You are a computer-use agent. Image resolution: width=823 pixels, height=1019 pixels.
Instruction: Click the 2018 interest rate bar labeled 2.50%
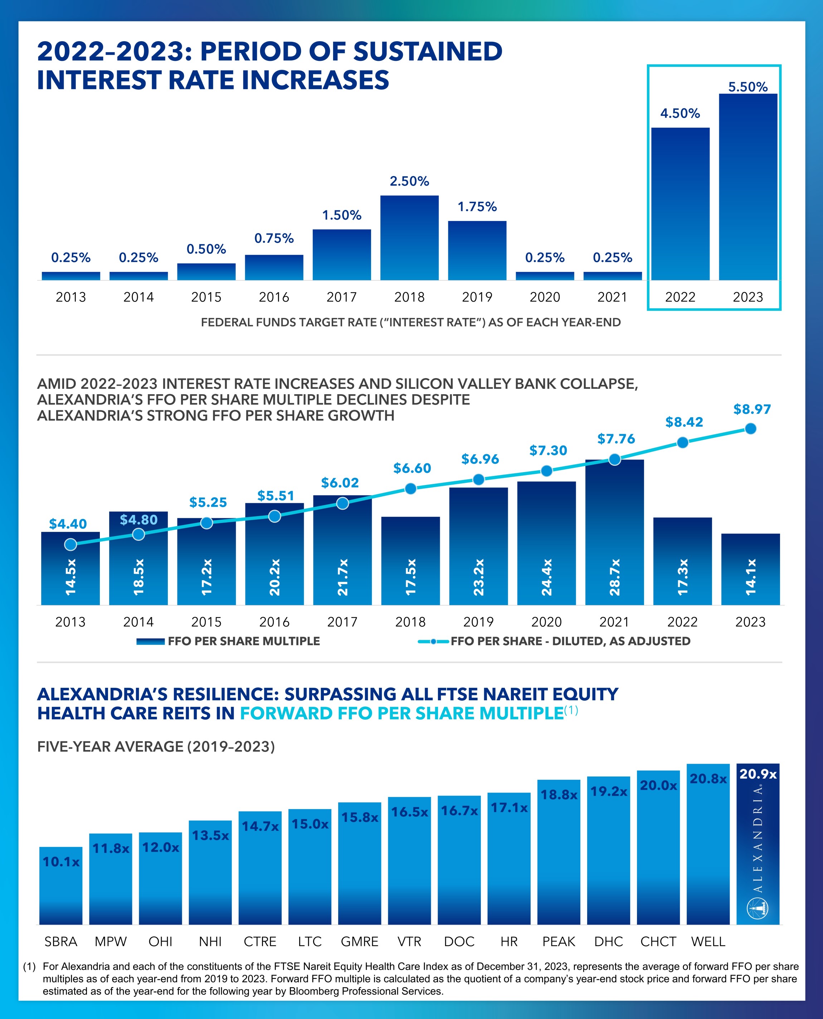pos(409,237)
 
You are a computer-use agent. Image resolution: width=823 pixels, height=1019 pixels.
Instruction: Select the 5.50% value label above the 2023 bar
pos(747,87)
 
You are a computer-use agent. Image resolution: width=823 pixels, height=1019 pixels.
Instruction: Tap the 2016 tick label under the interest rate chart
pos(274,297)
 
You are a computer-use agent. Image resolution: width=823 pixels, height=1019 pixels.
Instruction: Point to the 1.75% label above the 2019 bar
pos(477,207)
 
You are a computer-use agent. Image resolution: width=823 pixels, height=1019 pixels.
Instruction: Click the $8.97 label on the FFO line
pos(752,409)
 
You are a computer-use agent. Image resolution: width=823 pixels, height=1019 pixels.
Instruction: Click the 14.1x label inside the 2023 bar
pos(750,577)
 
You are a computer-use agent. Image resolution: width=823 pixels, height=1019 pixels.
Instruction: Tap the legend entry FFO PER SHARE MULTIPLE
pos(228,641)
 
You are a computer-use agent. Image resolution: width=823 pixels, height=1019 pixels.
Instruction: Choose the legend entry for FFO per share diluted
pos(554,641)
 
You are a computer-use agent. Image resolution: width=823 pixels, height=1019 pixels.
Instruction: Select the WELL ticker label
pos(708,942)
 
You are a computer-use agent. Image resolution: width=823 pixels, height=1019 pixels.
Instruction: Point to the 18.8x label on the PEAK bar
pos(559,795)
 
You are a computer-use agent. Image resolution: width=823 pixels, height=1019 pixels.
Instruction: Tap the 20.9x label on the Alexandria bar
pos(758,774)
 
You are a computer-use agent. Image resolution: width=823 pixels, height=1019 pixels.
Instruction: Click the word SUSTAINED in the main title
pos(428,51)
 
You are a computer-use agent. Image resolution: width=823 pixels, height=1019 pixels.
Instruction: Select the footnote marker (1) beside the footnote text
pos(29,966)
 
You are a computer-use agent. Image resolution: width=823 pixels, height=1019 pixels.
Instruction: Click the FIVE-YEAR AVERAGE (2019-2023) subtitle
pos(156,746)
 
